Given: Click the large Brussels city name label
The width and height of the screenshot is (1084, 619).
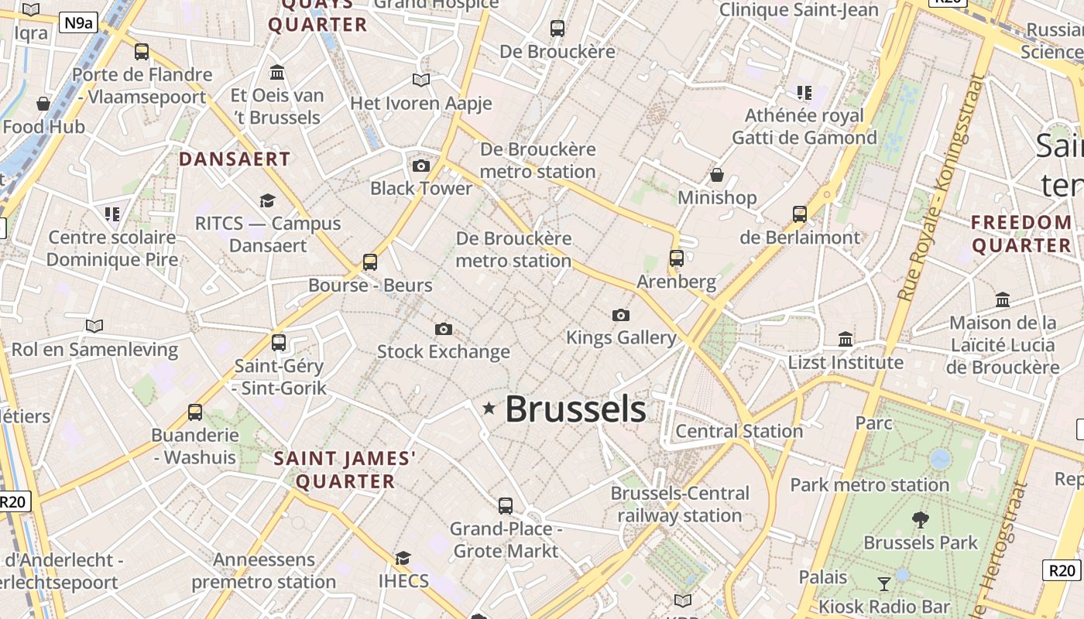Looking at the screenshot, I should coord(575,409).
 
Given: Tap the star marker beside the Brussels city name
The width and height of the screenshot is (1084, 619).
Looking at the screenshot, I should coord(489,408).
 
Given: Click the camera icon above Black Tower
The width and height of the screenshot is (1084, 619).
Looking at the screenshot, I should coord(421,166).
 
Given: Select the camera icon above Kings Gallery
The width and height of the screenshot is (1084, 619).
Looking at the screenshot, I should coord(620,315).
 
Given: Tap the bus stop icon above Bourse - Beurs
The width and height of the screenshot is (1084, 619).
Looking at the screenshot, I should coord(370,262).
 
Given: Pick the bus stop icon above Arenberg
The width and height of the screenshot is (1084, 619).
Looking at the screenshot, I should coord(677,258).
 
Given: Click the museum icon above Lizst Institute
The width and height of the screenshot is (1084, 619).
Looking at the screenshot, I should coord(846,339).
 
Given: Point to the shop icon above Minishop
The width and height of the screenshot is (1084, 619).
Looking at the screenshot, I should coord(717,175).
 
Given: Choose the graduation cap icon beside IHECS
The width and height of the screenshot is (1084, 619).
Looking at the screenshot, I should coord(403,558).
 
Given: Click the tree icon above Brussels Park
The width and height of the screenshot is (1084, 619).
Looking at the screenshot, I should coord(921,519).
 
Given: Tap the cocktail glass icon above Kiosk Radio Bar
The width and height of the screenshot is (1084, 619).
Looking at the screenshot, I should coord(884,583).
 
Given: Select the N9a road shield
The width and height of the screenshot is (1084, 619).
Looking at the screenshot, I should coord(78,22).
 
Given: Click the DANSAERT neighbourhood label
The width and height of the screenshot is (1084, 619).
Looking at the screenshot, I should coord(235,159).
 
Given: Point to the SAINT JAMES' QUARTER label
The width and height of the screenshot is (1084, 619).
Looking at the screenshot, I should coord(345,470).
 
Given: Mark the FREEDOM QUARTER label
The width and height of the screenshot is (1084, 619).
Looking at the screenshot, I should coord(1022,234).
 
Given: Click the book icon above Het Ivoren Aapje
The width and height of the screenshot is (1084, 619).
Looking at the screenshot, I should coord(421,80).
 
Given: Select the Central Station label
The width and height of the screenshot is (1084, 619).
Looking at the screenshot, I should coord(739,431).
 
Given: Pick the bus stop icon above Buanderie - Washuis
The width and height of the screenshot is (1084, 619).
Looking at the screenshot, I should coord(195,412).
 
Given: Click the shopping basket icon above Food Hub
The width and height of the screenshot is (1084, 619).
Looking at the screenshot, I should coord(43,104).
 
